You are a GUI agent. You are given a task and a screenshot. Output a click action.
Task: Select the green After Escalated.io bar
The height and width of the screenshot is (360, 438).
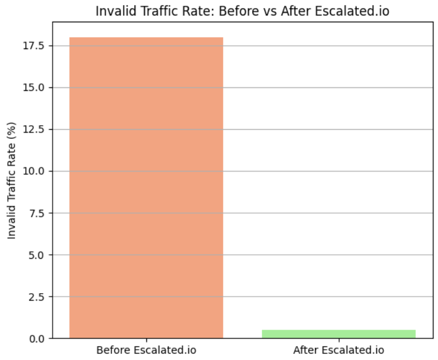339,334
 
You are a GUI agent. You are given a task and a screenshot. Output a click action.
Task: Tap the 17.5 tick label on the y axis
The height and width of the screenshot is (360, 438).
36,46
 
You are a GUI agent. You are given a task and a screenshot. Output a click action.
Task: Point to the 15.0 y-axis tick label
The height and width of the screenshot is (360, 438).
36,87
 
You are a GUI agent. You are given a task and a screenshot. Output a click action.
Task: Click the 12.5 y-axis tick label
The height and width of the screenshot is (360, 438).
36,129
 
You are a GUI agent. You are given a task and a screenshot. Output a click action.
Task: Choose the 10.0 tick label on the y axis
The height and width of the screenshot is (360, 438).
36,171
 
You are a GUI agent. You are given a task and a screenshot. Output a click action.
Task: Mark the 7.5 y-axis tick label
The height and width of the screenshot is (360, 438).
38,213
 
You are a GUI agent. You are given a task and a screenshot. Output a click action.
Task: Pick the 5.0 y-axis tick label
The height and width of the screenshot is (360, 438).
38,255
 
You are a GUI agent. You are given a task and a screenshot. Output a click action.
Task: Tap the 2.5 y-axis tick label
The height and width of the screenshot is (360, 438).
38,297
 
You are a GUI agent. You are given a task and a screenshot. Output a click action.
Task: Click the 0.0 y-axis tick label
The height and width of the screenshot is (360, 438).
38,338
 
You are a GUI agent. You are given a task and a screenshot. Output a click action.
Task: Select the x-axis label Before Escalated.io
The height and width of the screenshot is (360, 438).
146,350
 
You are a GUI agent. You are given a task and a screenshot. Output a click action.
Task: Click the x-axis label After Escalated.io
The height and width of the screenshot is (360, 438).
339,350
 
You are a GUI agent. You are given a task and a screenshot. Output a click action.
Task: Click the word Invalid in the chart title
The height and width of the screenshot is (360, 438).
112,11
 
